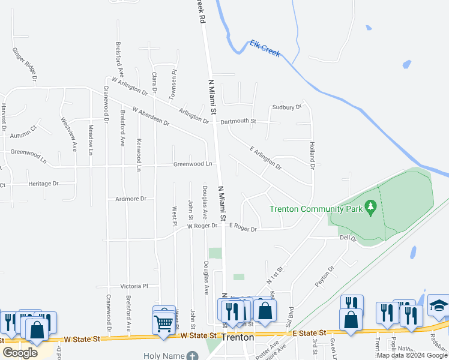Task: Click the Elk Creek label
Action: pos(265,48)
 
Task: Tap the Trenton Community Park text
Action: pos(316,209)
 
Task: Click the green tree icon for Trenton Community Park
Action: pos(371,208)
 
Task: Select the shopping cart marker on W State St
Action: pos(164,322)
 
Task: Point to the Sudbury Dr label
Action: pos(286,107)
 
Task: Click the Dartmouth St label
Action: pos(238,121)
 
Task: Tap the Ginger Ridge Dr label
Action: pos(25,64)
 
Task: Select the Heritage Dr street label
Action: pos(43,184)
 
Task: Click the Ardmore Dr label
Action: pos(131,198)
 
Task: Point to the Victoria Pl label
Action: pos(134,286)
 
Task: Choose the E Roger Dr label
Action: pos(243,229)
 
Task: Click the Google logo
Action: pos(20,352)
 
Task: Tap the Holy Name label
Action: pos(164,356)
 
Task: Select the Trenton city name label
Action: pos(238,337)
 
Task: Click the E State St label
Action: pos(309,332)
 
